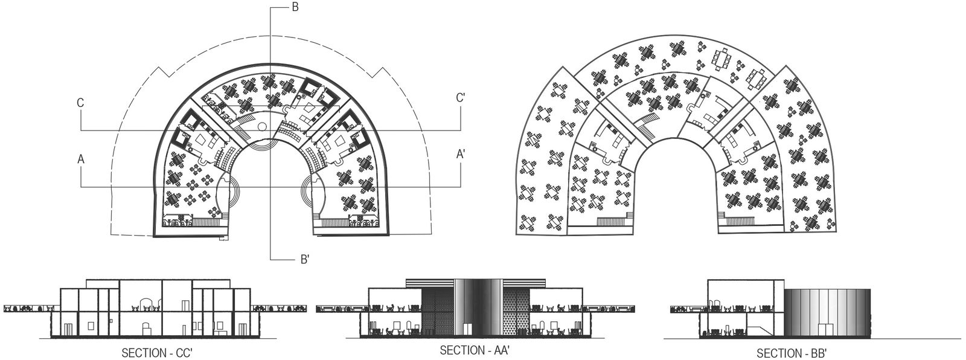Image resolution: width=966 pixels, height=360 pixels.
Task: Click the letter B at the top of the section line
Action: [x=295, y=8]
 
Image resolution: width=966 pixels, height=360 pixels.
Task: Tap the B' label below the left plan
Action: [x=305, y=260]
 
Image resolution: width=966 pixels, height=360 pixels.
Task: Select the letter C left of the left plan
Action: [x=80, y=103]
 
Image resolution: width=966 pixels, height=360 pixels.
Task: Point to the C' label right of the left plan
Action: [x=460, y=98]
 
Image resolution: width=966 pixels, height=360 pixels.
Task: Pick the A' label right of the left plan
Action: [x=460, y=155]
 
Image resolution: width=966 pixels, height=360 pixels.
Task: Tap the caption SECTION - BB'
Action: [x=796, y=353]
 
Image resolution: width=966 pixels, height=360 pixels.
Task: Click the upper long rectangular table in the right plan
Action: [x=722, y=59]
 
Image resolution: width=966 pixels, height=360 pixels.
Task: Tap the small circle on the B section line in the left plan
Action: [x=261, y=126]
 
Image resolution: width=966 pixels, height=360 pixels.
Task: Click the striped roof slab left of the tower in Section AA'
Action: [x=429, y=281]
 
